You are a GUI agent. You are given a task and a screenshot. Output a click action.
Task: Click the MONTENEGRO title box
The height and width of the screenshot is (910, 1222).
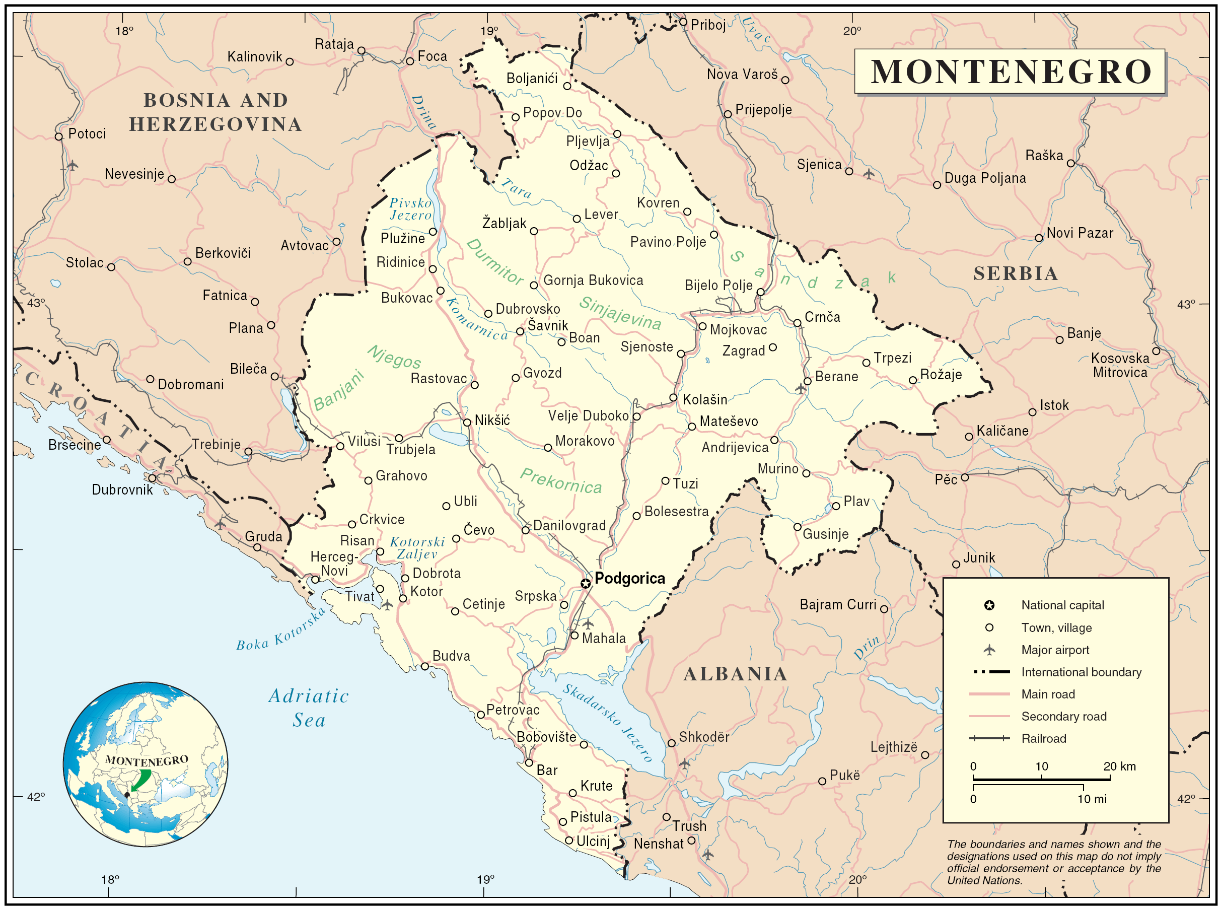point(1010,72)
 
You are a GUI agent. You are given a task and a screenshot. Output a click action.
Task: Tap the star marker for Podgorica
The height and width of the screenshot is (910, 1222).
point(586,583)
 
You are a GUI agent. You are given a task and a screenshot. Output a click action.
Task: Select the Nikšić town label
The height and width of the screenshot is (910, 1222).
point(492,421)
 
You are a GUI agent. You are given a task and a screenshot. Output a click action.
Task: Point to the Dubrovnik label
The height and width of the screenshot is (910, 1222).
point(122,489)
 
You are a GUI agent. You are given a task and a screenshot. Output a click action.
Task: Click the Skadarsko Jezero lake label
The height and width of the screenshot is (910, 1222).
point(607,722)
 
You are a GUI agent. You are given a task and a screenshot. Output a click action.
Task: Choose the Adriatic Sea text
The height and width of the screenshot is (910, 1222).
point(309,708)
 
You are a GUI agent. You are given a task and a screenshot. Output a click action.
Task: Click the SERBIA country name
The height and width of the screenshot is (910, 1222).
point(1016,274)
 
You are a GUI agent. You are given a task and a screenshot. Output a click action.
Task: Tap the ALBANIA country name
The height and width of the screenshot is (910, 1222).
point(736,674)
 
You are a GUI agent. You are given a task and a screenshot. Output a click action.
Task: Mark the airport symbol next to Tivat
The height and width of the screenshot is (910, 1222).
point(388,605)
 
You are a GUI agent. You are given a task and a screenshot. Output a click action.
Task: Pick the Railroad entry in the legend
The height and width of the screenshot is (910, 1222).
point(1044,739)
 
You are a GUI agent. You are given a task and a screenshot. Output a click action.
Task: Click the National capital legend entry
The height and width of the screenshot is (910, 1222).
point(1062,605)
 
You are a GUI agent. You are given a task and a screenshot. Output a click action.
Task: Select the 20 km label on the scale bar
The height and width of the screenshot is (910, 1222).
point(1120,766)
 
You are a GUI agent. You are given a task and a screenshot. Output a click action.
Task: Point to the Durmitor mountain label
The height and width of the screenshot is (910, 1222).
point(494,262)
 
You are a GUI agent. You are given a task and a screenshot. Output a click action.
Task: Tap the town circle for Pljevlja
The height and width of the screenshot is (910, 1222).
point(617,134)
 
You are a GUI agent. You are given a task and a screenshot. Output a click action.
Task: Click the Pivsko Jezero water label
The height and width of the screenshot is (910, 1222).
point(411,209)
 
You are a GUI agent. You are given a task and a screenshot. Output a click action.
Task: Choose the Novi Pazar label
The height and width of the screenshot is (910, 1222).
point(1080,233)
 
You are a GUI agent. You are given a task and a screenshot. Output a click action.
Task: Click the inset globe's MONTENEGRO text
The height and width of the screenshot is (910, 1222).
point(147,761)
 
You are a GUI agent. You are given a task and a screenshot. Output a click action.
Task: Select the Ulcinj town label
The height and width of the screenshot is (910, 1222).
point(593,841)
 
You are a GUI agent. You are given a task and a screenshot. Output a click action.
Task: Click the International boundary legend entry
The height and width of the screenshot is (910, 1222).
point(1081,672)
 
